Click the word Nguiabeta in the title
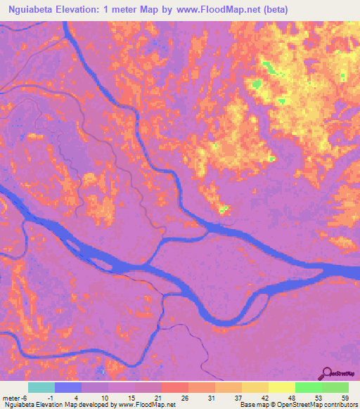tap(29, 9)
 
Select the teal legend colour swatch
tap(41, 387)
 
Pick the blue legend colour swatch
tap(68, 387)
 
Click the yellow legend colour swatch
tap(282, 387)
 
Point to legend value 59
tap(345, 398)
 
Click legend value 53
tap(319, 398)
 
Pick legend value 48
tap(292, 398)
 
